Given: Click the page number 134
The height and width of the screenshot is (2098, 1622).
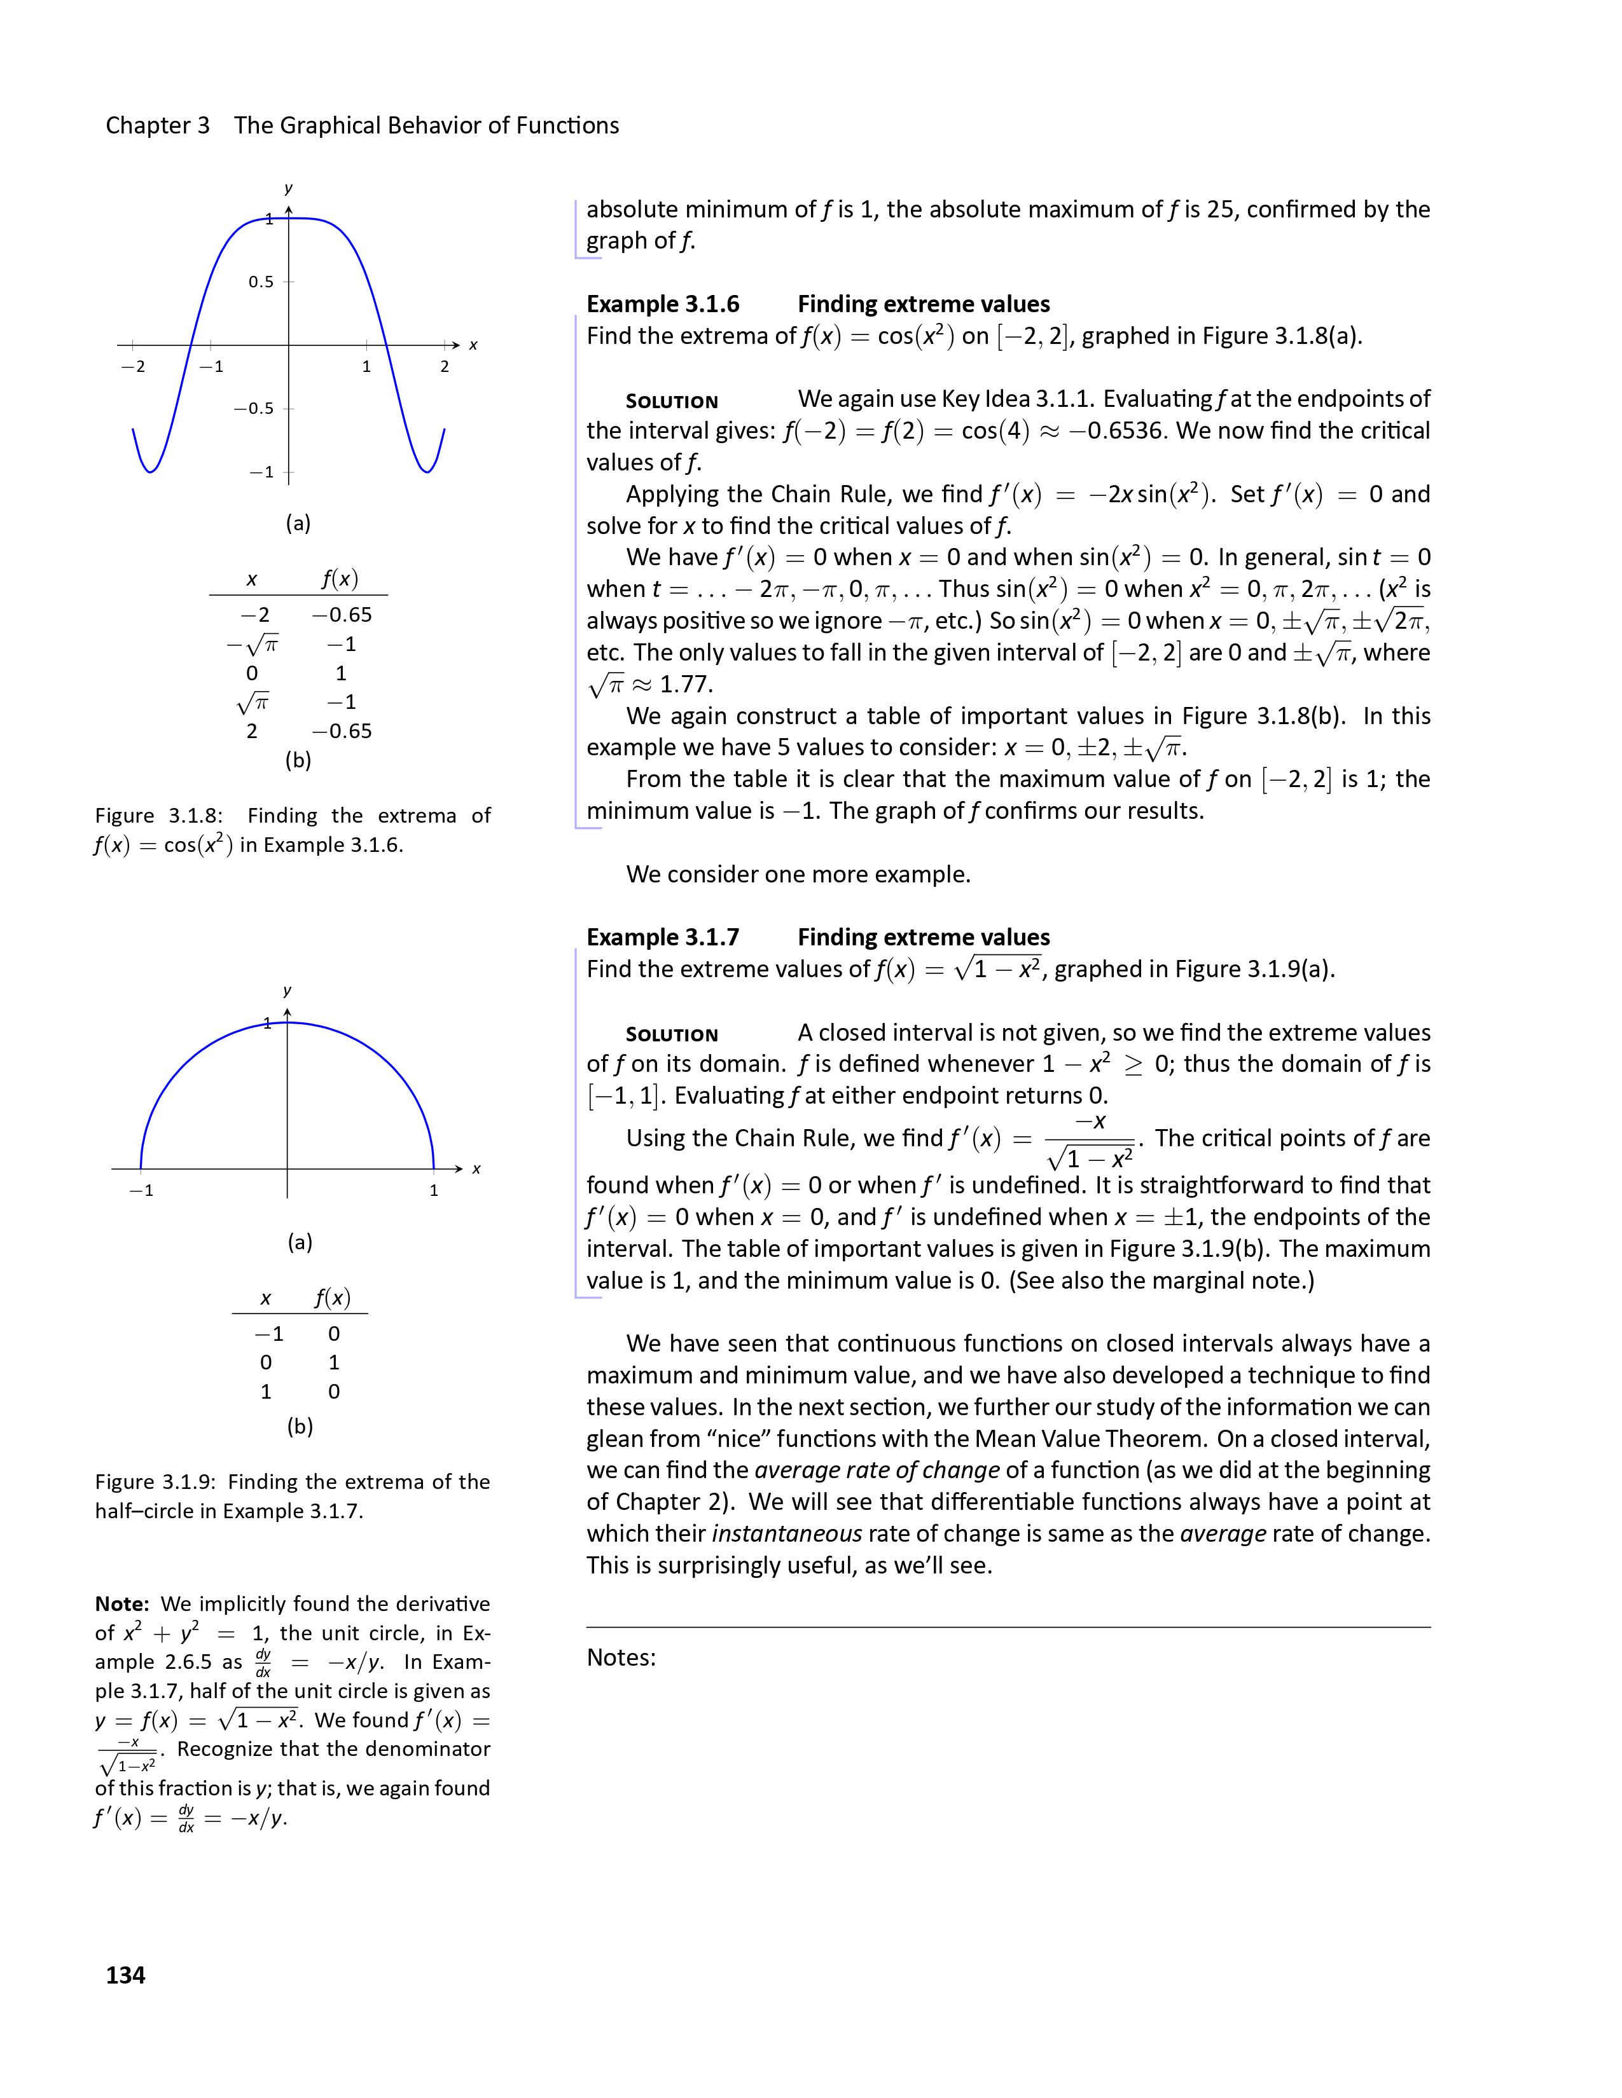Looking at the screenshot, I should (125, 1975).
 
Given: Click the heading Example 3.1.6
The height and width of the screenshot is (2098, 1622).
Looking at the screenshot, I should (663, 305).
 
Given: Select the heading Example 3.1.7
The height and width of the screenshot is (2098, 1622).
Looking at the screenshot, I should (663, 938).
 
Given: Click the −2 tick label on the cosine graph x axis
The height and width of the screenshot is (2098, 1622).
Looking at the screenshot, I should (134, 367).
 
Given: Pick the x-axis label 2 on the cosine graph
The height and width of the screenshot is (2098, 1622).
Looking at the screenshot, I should (445, 367).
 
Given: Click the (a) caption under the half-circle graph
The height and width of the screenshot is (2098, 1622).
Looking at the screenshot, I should (300, 1242).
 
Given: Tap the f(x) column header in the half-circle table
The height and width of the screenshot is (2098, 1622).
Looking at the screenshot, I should (333, 1299).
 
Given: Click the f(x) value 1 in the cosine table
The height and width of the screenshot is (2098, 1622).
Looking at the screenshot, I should (341, 673).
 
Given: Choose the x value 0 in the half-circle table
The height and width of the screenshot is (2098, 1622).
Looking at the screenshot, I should (266, 1362).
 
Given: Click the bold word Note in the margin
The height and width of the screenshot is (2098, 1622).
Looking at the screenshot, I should (121, 1603).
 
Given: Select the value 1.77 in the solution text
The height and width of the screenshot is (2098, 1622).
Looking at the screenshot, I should (686, 685).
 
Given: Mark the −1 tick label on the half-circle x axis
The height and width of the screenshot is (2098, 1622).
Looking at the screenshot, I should (141, 1191).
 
